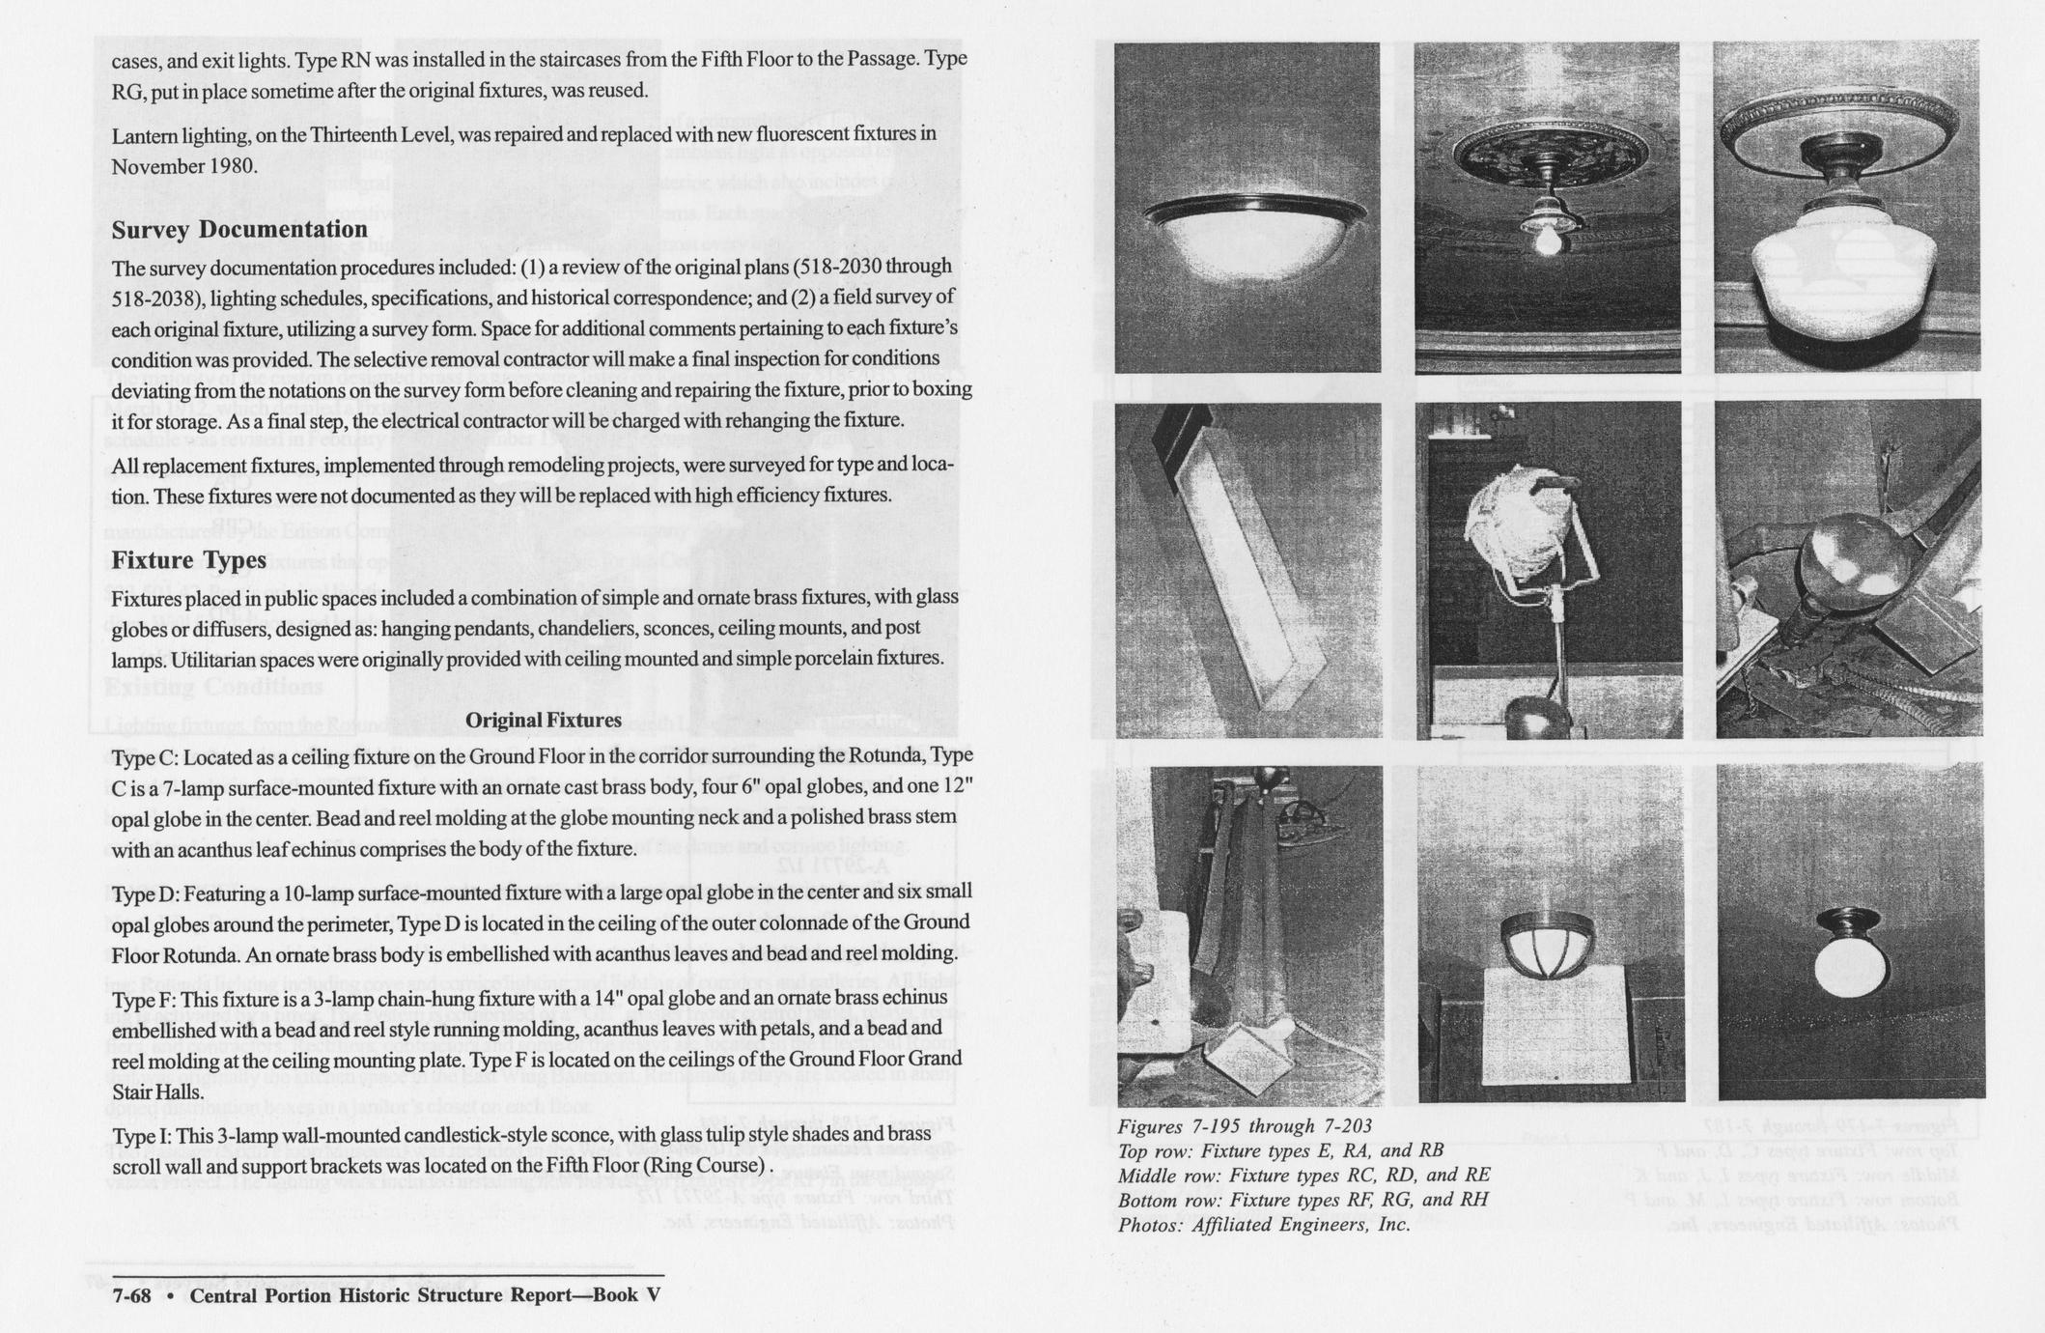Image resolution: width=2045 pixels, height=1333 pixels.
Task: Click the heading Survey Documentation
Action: point(238,230)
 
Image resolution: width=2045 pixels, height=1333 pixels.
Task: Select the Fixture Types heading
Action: point(188,560)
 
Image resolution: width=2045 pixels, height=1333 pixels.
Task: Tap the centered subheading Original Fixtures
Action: point(543,720)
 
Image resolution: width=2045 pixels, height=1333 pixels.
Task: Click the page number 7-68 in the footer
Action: point(131,1295)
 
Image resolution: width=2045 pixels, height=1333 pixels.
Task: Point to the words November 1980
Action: point(184,166)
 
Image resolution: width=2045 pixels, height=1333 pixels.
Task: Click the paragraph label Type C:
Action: point(143,754)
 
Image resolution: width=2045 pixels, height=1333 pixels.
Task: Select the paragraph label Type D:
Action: point(144,891)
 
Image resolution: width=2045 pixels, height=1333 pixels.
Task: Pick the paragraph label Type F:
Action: point(143,997)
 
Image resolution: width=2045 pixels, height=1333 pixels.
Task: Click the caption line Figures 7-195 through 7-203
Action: point(1244,1126)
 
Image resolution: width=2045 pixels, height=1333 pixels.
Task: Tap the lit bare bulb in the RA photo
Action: point(1547,241)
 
